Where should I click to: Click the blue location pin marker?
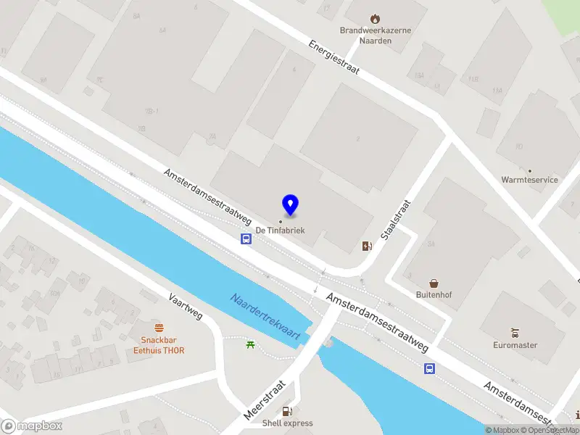point(290,205)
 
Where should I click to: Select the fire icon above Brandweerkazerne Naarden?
point(374,18)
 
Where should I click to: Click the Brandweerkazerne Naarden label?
point(376,36)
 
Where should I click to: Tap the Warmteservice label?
point(529,179)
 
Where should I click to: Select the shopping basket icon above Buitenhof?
point(434,283)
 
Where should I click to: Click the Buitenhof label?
point(434,295)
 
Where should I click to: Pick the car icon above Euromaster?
point(515,333)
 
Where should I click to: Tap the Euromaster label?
point(515,345)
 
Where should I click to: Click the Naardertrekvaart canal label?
point(265,314)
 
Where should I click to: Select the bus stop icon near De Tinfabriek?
point(246,239)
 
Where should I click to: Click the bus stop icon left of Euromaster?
point(430,368)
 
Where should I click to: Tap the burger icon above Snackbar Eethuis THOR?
point(159,327)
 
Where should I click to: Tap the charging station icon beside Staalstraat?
point(366,246)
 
